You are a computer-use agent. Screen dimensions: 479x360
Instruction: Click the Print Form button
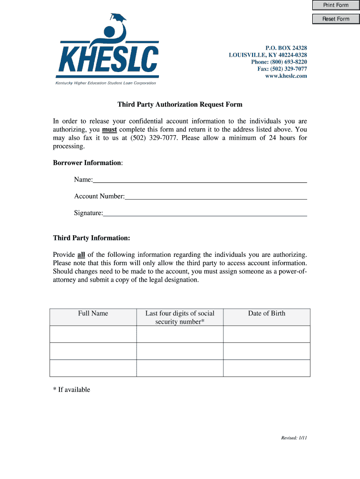[336, 5]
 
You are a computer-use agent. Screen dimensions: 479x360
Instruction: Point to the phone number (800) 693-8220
[279, 62]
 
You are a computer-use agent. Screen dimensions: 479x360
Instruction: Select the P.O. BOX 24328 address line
[286, 48]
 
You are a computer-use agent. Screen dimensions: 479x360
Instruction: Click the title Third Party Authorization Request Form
[180, 104]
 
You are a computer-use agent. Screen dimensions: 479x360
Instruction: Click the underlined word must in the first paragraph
[109, 130]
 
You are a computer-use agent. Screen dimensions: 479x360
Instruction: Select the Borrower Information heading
[88, 163]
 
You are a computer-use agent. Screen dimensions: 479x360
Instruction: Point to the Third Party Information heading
[92, 238]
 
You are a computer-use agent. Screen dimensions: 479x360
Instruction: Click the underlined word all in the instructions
[81, 255]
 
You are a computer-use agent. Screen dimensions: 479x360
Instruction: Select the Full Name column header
[93, 313]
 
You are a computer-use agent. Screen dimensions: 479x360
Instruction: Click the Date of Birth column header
[266, 313]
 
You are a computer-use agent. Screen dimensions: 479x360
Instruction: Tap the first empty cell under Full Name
[93, 334]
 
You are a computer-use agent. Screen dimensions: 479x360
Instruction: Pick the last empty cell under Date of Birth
[266, 368]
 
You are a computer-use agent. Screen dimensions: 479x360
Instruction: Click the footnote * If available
[72, 390]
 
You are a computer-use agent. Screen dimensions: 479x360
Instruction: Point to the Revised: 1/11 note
[294, 438]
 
